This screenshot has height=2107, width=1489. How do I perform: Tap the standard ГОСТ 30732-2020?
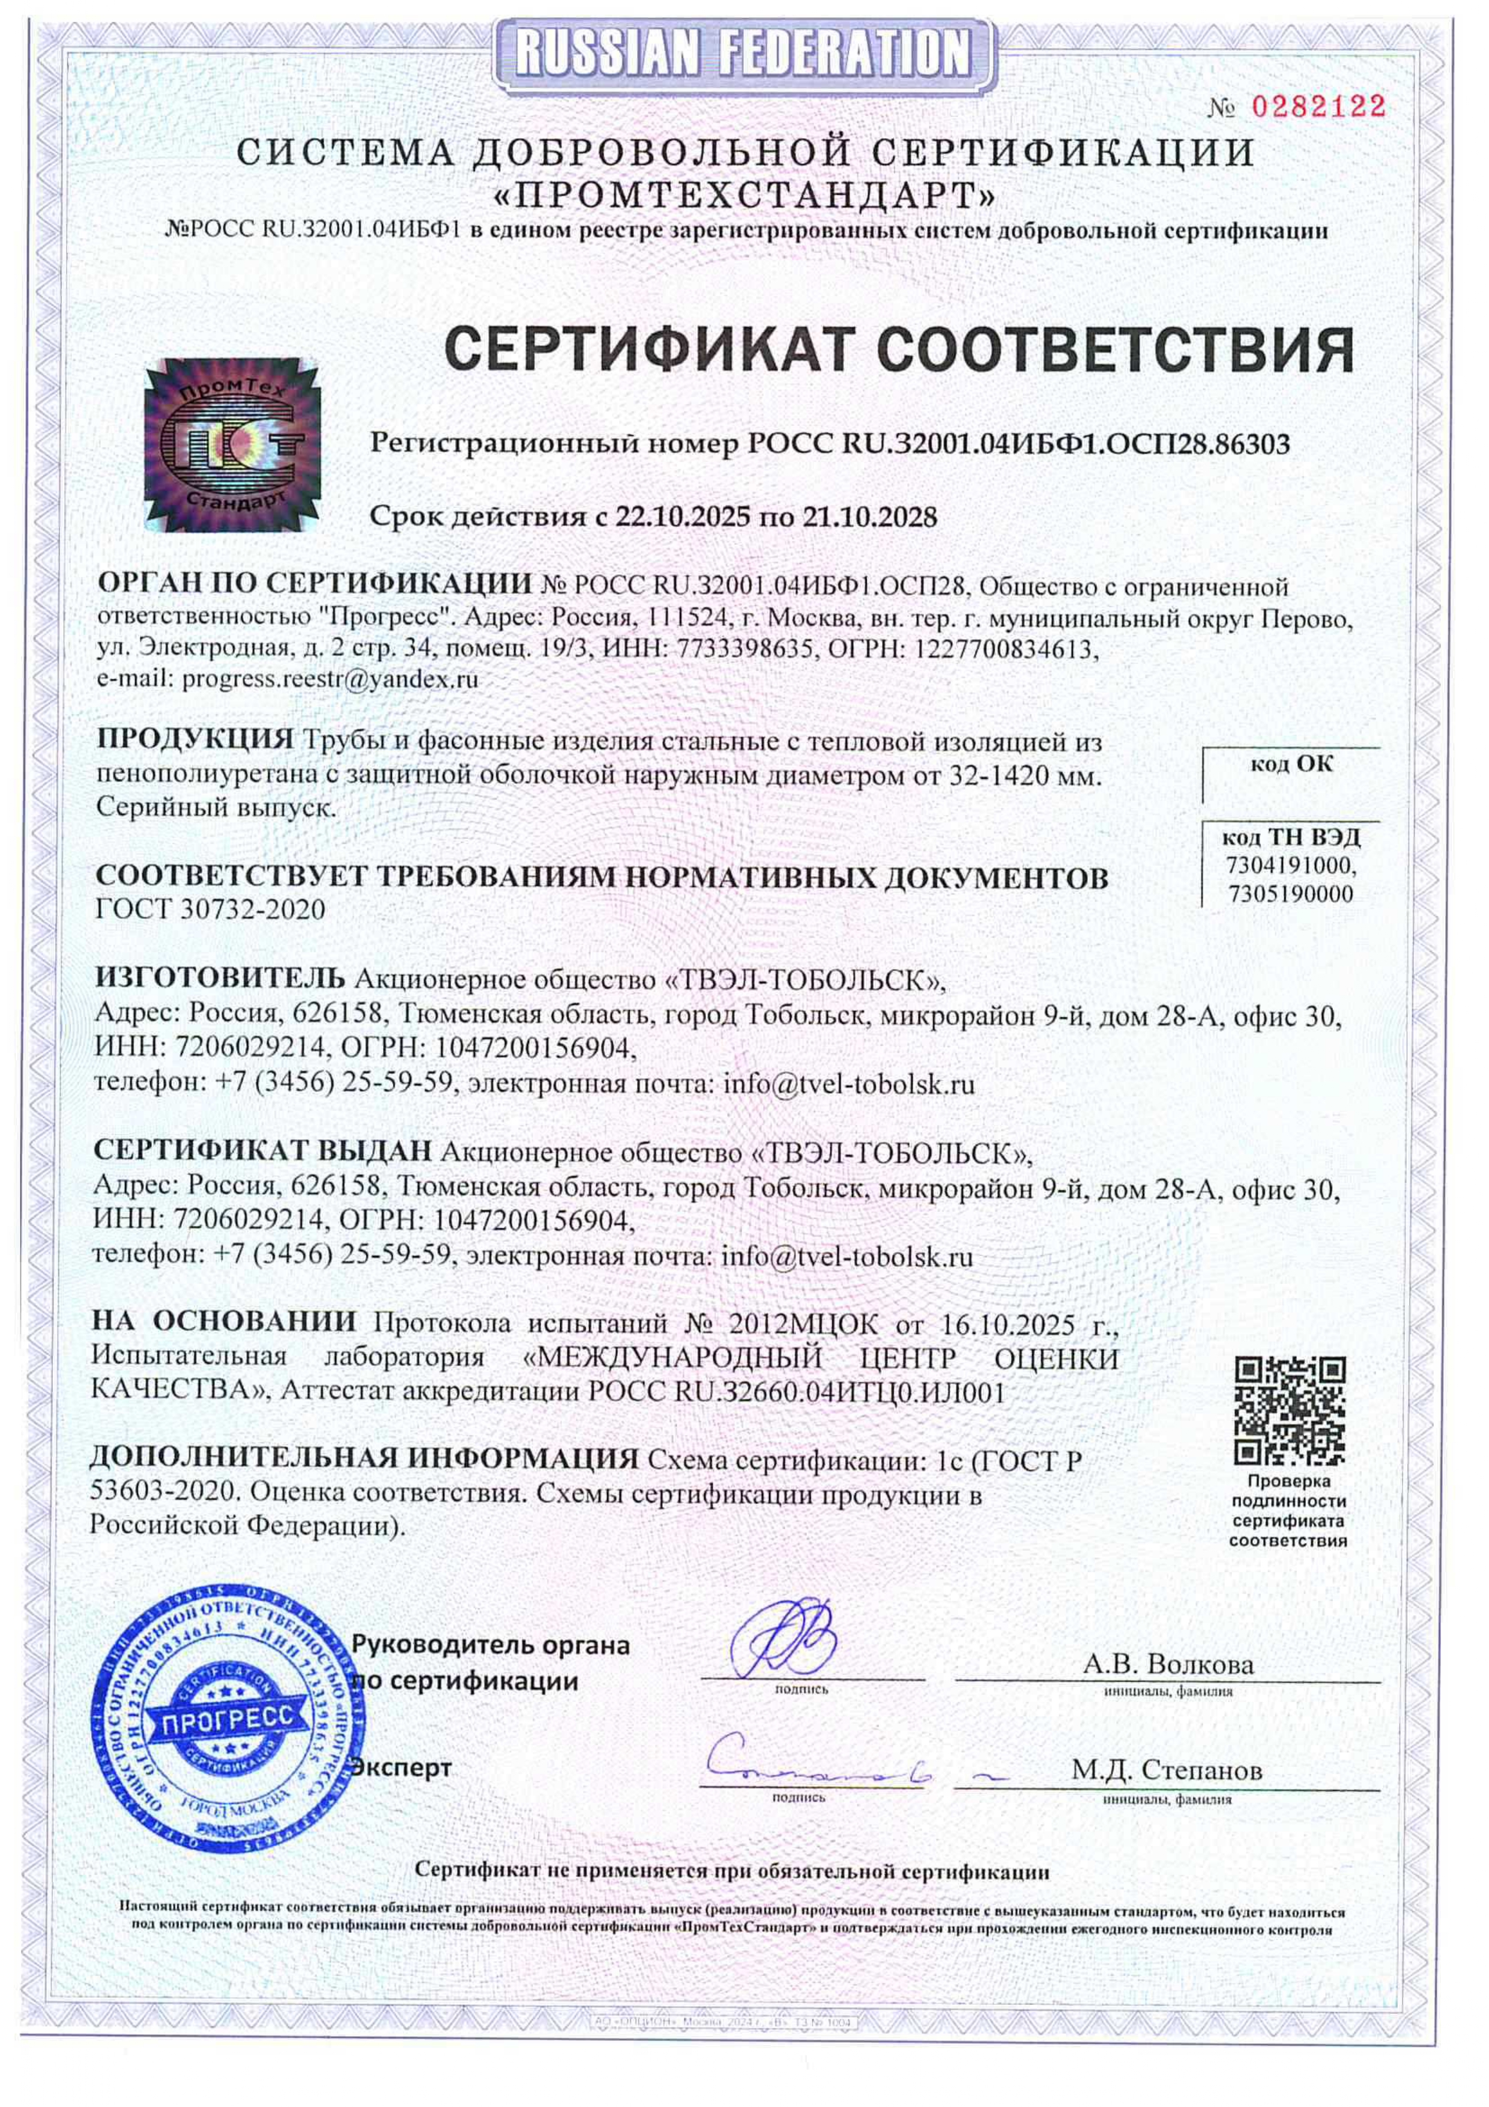(x=210, y=909)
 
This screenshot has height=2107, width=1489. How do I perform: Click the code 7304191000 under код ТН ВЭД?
(x=1291, y=866)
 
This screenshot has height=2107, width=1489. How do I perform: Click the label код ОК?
(x=1291, y=765)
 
